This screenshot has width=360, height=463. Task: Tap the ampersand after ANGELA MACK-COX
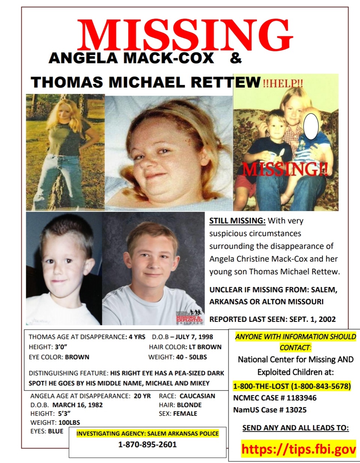point(236,58)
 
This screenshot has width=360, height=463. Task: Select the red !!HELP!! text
point(283,83)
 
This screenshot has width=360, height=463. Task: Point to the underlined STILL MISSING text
point(237,221)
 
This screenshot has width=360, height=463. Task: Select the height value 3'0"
point(61,347)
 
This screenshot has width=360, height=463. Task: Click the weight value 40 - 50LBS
point(191,357)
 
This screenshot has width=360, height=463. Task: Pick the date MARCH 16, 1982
point(78,405)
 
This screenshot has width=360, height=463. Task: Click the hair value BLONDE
point(189,405)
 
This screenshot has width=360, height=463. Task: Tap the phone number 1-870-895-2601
point(147,445)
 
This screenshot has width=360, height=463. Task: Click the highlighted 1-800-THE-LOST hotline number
point(292,386)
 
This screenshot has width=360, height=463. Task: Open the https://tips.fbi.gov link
point(298,449)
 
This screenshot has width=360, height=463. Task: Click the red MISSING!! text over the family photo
point(285,170)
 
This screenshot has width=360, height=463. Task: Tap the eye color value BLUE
point(56,431)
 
